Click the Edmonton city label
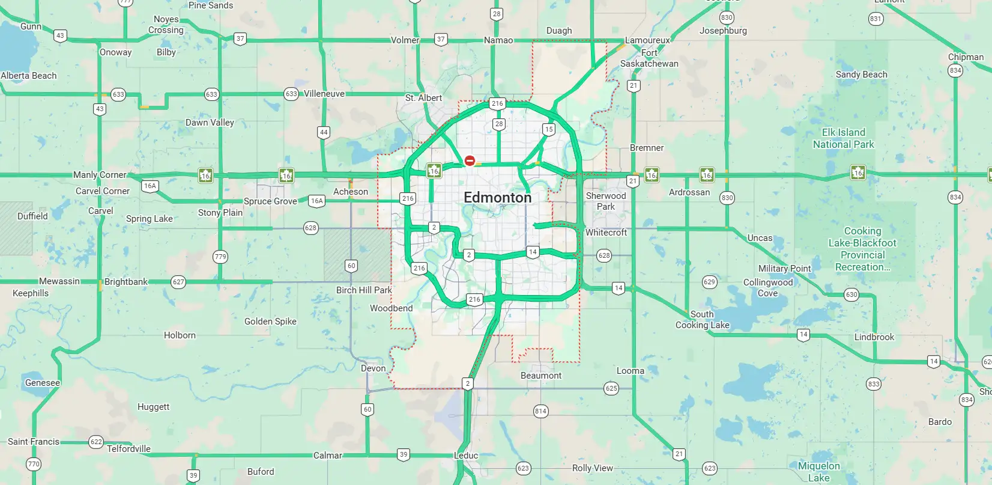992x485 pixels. point(498,198)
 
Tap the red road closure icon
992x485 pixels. point(470,160)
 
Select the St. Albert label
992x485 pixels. point(423,98)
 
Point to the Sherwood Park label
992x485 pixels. point(606,201)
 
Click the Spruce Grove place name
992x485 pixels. point(270,201)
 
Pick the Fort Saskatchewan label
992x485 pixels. point(649,58)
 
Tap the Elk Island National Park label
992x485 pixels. point(843,138)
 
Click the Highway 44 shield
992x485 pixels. point(324,132)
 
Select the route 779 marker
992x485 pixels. point(220,257)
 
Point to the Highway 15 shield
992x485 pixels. point(548,129)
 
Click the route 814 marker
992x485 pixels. point(540,411)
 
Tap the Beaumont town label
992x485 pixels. point(541,376)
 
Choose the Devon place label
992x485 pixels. point(373,368)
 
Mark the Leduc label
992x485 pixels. point(466,456)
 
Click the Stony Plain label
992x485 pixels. point(220,213)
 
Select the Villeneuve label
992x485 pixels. point(324,94)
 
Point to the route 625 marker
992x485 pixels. point(611,388)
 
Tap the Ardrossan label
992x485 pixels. point(689,192)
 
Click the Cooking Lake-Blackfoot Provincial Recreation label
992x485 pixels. point(862,249)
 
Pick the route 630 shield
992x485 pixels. point(851,294)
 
